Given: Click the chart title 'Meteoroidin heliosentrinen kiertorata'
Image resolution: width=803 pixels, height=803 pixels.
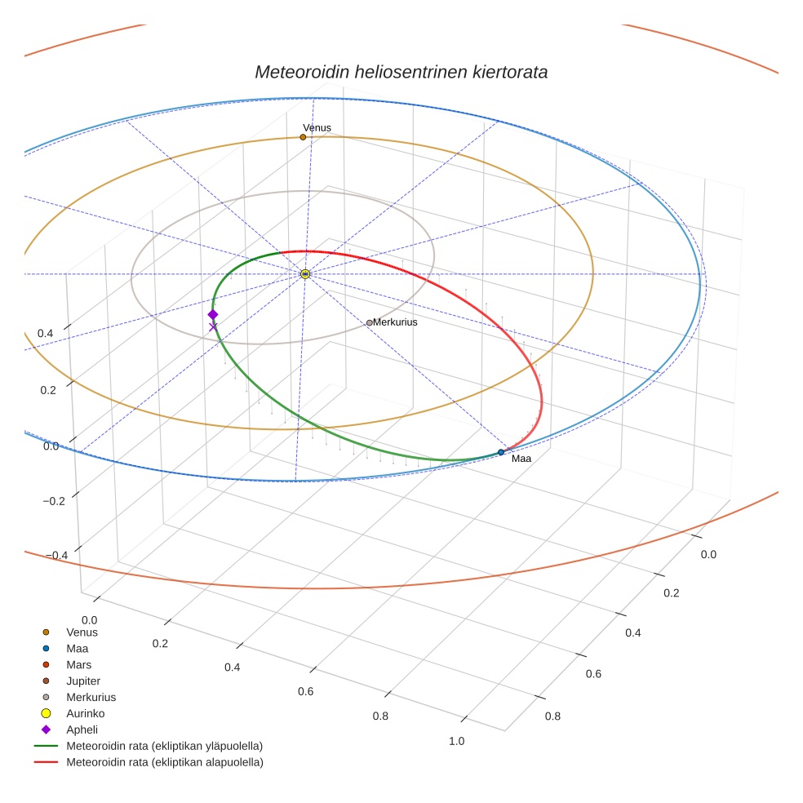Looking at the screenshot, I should [x=401, y=72].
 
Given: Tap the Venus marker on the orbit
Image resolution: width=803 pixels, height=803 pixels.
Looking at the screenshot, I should [x=303, y=137].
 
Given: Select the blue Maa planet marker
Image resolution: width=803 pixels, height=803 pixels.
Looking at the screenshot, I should [x=501, y=452].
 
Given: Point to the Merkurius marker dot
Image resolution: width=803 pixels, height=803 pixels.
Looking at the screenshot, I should [x=369, y=323].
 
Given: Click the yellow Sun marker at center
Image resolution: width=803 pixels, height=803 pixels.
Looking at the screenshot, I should [x=305, y=274].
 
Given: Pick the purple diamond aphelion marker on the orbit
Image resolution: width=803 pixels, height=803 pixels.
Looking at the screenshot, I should [x=213, y=314].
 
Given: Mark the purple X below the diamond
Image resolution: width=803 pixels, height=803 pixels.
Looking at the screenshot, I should [x=213, y=327].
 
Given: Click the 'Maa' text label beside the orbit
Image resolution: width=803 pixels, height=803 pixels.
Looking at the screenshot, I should [x=521, y=459].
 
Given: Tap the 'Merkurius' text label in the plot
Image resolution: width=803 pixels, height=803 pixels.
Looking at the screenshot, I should [x=395, y=322].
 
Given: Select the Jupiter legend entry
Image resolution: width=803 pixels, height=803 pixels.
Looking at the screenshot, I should [x=83, y=681].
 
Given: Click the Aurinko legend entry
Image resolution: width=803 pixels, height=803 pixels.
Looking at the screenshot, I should [x=85, y=713].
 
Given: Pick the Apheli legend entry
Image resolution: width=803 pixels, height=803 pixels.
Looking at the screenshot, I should [x=82, y=730].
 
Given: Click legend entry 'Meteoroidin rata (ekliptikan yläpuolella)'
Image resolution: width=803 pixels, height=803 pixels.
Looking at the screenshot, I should [x=164, y=746].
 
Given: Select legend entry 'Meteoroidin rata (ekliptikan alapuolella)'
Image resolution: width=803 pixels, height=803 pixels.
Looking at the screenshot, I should [x=164, y=762].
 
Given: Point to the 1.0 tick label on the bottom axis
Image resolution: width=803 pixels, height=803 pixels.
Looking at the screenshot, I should [x=456, y=741].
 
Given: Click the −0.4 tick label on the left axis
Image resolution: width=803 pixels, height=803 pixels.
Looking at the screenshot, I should [x=55, y=555].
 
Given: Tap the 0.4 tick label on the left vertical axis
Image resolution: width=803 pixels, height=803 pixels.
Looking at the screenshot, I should [x=47, y=334].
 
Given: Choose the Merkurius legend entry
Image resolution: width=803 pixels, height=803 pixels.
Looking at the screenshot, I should [x=91, y=697].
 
